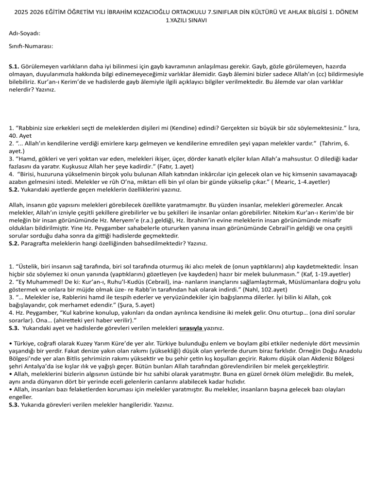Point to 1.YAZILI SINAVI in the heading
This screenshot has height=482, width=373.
pyautogui.click(x=186, y=20)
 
